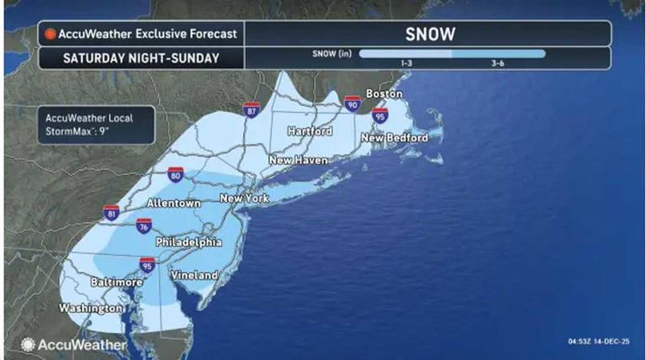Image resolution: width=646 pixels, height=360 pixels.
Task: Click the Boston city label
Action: click(x=384, y=93)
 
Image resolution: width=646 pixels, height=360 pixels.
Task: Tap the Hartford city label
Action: click(x=310, y=131)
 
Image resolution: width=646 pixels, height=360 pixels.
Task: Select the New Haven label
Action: click(x=297, y=159)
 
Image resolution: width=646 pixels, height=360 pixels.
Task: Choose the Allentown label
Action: click(x=173, y=204)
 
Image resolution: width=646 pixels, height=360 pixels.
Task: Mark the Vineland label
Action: click(x=194, y=275)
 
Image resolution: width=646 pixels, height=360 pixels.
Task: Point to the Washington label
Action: click(x=90, y=309)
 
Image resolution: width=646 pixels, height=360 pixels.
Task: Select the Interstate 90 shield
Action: click(x=352, y=103)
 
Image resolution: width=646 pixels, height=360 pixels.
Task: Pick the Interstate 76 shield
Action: click(x=144, y=225)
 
